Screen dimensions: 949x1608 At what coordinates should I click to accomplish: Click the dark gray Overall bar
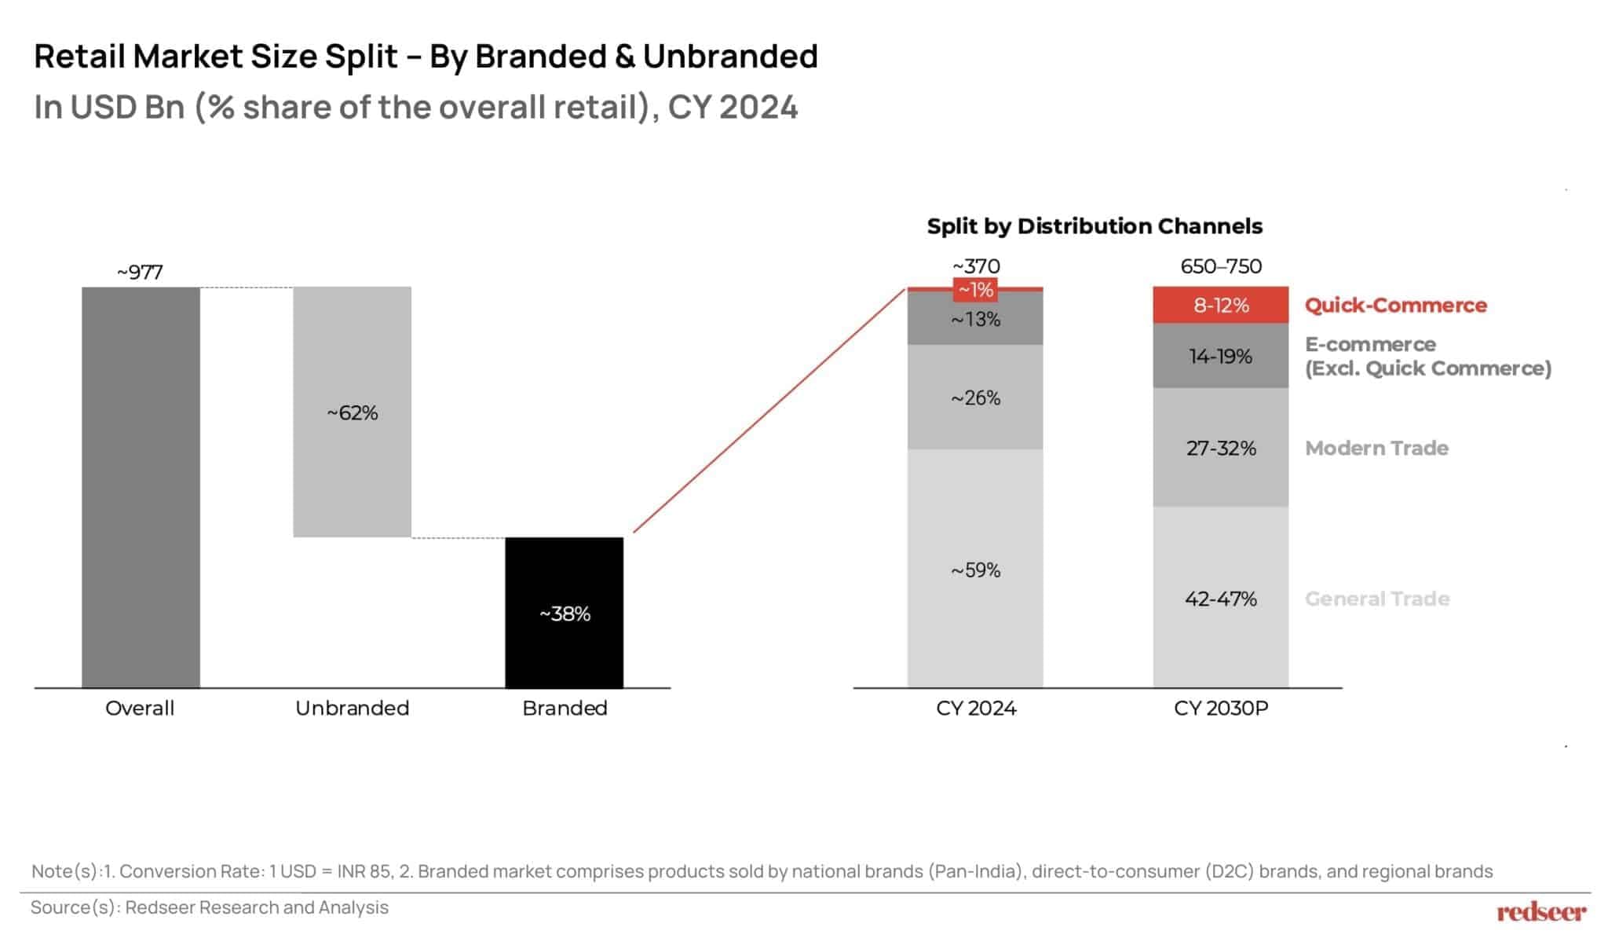pos(141,487)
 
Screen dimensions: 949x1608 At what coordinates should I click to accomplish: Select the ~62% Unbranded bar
pos(352,412)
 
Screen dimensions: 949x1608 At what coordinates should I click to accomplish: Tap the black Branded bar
pos(564,613)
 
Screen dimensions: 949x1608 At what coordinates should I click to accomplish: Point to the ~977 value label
pos(140,272)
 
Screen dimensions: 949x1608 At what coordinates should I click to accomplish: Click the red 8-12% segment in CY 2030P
pos(1220,305)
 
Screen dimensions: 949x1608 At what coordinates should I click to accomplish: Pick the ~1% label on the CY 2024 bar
pos(976,290)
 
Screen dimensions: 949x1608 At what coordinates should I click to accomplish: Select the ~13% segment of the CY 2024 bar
pos(975,319)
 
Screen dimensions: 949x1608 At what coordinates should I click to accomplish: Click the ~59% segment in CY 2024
pos(975,570)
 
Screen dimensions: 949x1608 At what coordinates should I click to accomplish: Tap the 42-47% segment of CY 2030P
pos(1220,599)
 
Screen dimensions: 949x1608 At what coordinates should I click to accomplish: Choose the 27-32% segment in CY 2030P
pos(1220,448)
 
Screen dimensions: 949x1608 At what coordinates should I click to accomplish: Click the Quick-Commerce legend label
pos(1395,305)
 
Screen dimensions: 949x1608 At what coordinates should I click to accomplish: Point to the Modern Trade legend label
pos(1376,448)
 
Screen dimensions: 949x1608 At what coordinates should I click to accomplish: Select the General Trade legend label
pos(1376,599)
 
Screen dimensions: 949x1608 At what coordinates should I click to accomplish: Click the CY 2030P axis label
pos(1220,708)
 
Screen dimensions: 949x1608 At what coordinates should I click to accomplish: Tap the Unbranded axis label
pos(352,708)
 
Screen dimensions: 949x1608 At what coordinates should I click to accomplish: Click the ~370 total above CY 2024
pos(976,266)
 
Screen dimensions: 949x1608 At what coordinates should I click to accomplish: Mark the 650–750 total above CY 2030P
pos(1220,266)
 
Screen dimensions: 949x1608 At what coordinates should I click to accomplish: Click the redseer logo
pos(1540,912)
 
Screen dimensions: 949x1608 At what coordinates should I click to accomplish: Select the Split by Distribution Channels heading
pos(1094,226)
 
